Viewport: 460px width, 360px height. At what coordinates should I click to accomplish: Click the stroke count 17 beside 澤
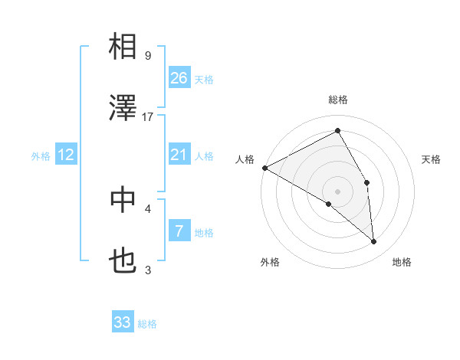(148, 116)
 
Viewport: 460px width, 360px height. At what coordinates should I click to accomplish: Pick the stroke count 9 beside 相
(148, 55)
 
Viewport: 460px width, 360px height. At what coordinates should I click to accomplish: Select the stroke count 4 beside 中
(148, 208)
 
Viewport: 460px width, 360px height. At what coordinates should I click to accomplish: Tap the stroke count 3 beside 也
(148, 270)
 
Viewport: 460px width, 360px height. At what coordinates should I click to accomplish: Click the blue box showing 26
(179, 77)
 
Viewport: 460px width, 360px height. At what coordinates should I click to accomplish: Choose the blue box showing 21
(179, 155)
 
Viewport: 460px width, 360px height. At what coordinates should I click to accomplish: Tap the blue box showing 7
(179, 231)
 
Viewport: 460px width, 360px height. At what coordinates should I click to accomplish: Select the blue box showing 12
(66, 155)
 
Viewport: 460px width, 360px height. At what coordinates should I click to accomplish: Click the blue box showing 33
(123, 322)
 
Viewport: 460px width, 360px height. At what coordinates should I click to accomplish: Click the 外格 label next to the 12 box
(41, 155)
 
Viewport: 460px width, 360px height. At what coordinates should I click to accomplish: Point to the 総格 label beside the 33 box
(147, 324)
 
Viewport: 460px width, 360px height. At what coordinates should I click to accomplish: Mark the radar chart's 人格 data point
(264, 168)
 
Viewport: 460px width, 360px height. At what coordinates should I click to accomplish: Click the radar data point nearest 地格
(373, 242)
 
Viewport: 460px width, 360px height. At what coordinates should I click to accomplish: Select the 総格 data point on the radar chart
(337, 131)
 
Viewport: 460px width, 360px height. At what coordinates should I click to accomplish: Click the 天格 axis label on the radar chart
(432, 159)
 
